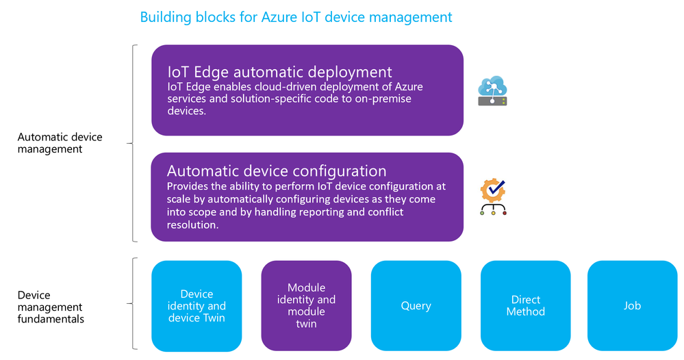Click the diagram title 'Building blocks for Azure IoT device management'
coord(296,17)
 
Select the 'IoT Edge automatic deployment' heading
coord(279,72)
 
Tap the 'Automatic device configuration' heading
coord(277,171)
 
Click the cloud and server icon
coord(492,90)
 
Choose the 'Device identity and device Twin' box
coord(197,306)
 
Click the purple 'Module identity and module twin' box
coord(306,305)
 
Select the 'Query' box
coord(416,305)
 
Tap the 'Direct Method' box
coord(526,305)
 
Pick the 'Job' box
coord(633,305)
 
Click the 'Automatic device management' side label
coord(60,143)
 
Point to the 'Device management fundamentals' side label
coord(51,307)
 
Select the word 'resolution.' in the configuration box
coord(192,225)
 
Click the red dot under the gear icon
coord(505,213)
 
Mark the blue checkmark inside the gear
coord(496,188)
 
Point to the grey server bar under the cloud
coord(492,101)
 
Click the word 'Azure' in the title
coord(279,17)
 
